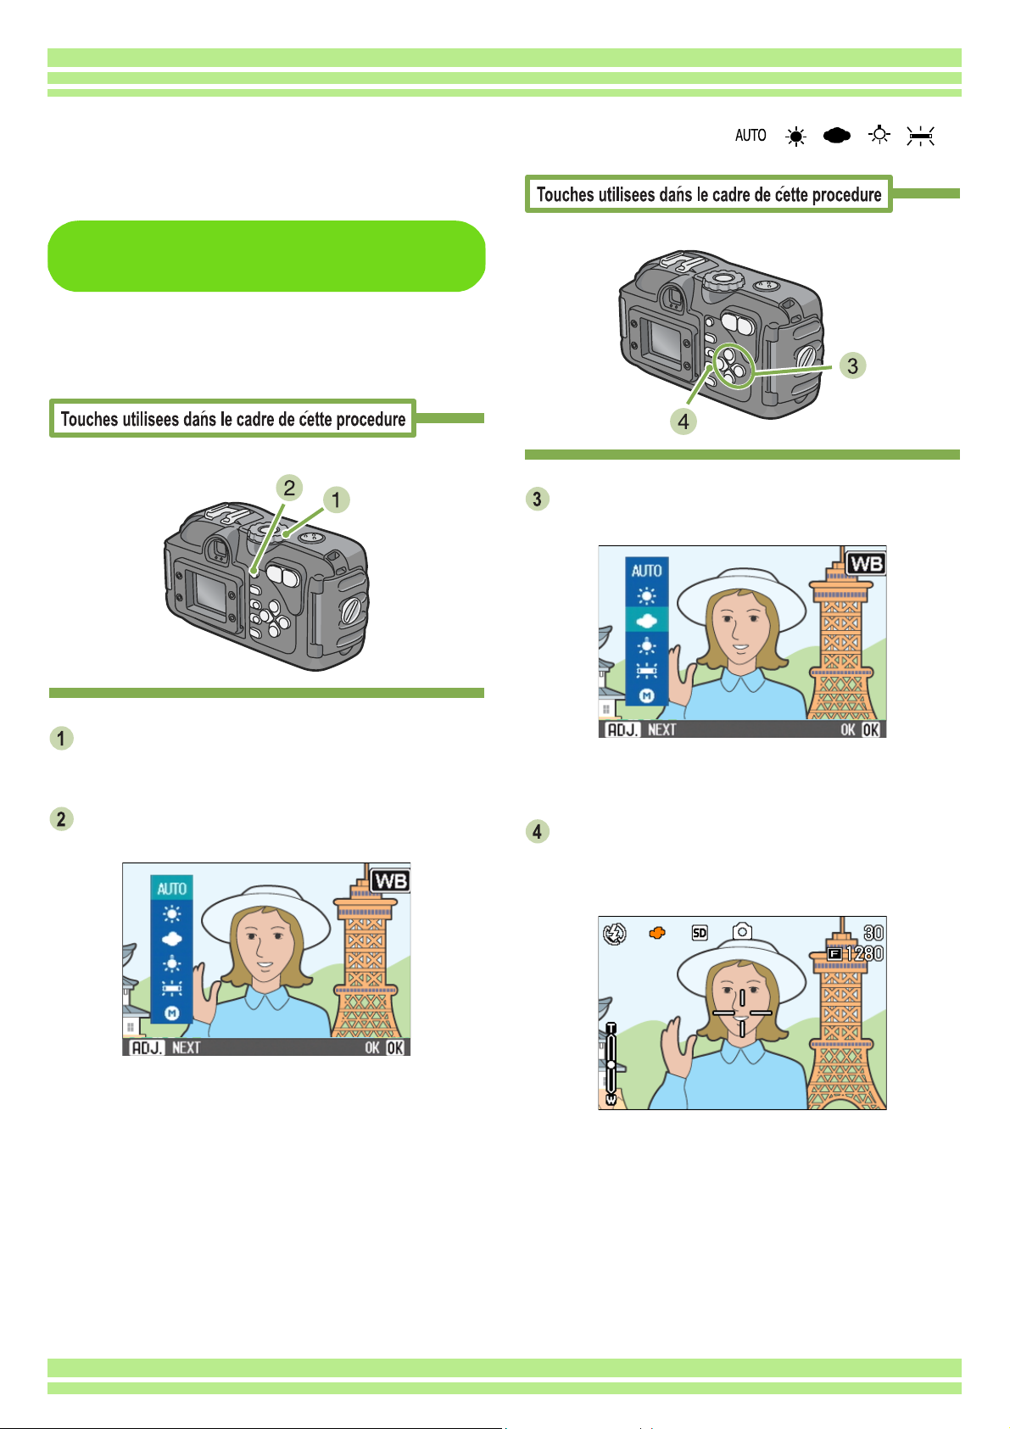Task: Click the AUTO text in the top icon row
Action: click(751, 135)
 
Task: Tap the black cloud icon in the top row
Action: click(836, 135)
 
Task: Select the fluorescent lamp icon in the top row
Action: click(920, 136)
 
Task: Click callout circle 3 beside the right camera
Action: click(852, 366)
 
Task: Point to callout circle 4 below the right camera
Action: click(684, 421)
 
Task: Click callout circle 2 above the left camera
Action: click(289, 488)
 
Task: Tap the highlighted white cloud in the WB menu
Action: click(646, 620)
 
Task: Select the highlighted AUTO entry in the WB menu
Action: click(171, 888)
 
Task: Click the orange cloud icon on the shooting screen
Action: click(656, 934)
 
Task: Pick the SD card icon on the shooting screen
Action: click(700, 933)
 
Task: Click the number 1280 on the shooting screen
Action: click(864, 954)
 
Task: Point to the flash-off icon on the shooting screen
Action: click(615, 934)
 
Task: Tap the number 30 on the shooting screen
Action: click(873, 933)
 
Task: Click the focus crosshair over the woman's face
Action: click(742, 1013)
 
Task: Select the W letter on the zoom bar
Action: click(611, 1100)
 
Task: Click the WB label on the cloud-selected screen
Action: click(866, 564)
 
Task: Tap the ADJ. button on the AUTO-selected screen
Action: click(147, 1047)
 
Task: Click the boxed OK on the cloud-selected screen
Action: click(871, 730)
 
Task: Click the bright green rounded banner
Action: click(266, 256)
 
